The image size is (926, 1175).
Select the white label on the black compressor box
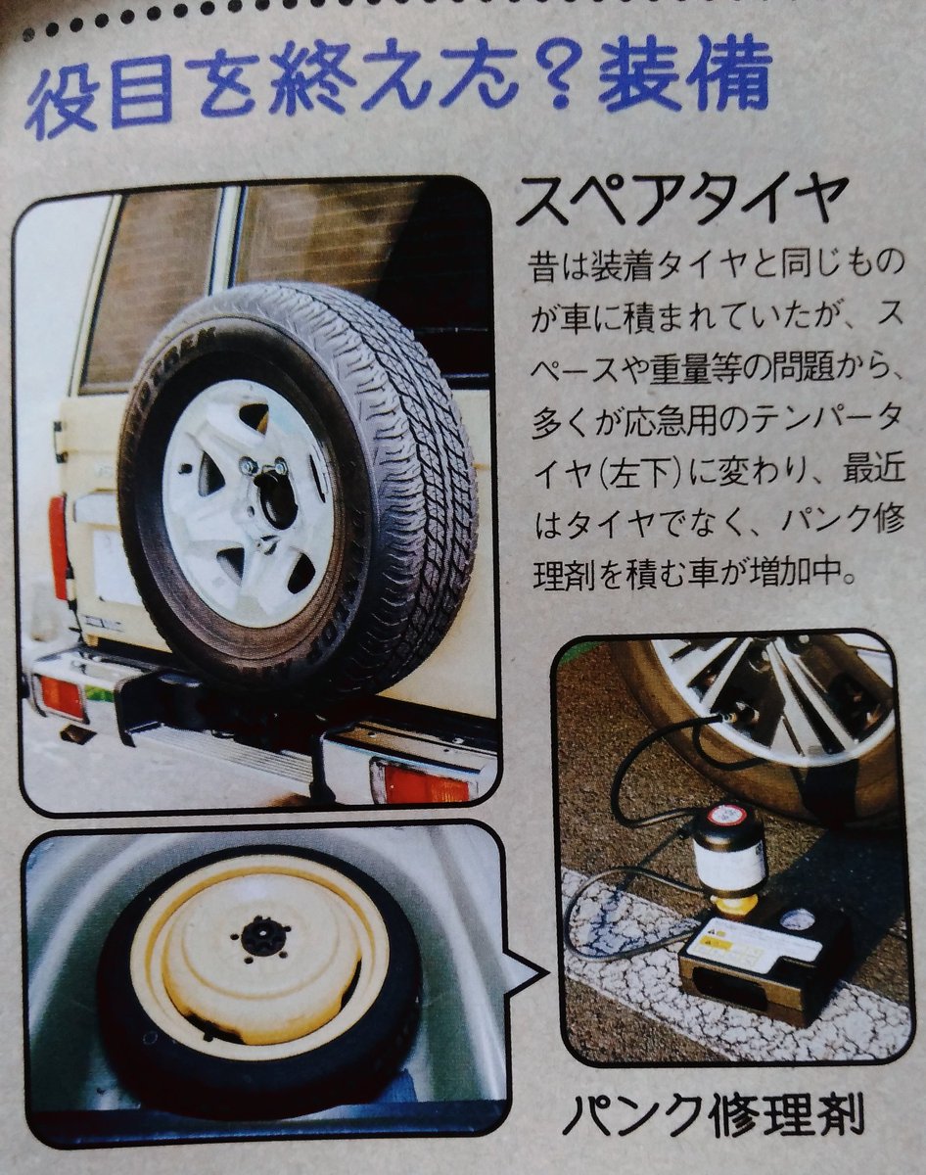753,944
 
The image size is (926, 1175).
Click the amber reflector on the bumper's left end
60,696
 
